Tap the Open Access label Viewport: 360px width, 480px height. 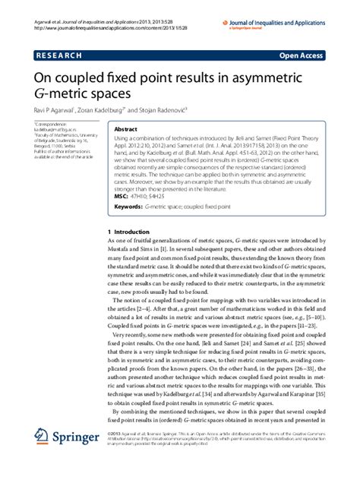pyautogui.click(x=303, y=55)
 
